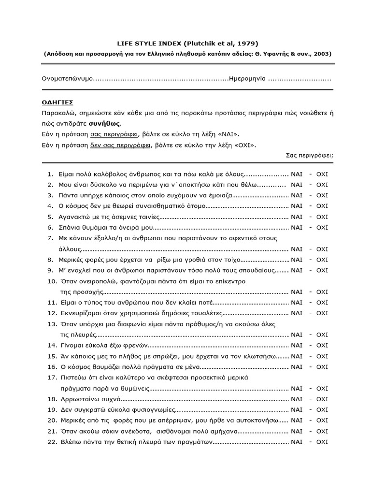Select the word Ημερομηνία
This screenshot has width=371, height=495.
pos(247,78)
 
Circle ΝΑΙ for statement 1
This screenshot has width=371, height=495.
pos(297,174)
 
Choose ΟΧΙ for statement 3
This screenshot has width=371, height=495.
pos(322,195)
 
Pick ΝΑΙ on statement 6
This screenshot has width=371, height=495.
pos(297,227)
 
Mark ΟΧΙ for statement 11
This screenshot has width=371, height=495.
pos(322,302)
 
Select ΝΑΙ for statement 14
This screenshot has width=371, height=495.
pos(297,345)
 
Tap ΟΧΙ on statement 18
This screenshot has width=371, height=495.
pos(322,399)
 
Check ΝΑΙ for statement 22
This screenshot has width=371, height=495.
pos(297,442)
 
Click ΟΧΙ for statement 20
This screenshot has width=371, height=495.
pos(322,420)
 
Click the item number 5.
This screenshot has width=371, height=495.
pos(50,217)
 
